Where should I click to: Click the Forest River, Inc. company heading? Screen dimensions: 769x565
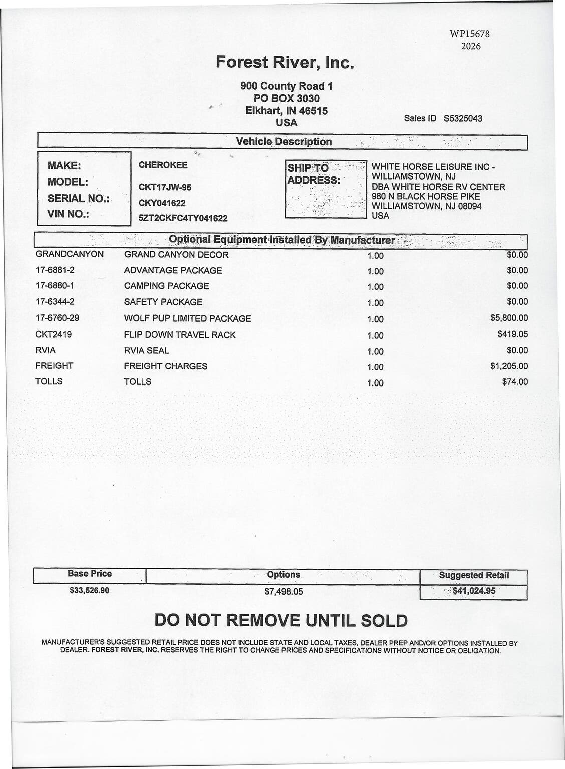285,62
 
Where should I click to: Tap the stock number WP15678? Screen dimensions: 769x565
469,34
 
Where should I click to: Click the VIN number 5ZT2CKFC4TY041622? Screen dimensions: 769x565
183,218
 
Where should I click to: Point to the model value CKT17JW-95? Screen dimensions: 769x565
165,187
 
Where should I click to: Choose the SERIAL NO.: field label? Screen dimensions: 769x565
78,198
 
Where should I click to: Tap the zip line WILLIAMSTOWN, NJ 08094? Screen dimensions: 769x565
426,206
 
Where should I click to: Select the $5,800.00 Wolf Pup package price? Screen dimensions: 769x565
509,318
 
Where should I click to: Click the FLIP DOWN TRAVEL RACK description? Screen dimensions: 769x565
180,335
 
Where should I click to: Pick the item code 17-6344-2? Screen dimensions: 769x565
55,302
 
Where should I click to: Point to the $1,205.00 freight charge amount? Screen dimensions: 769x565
509,366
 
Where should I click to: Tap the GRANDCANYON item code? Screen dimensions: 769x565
70,254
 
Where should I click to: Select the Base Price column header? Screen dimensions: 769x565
90,574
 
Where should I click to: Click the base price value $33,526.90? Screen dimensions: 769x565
90,590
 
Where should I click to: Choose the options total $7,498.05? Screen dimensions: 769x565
284,591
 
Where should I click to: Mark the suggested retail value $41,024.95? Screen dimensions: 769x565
474,591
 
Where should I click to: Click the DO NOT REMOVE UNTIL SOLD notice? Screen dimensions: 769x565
281,621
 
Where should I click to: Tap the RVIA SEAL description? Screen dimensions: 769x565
147,350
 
